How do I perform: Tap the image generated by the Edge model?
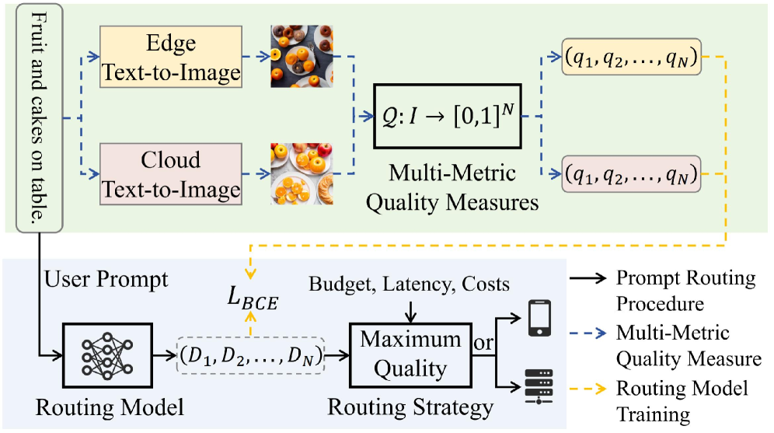301,56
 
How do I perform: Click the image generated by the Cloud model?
301,173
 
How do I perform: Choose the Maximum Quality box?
410,354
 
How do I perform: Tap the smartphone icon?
536,320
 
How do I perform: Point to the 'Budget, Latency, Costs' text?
409,284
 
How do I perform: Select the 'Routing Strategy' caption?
410,407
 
